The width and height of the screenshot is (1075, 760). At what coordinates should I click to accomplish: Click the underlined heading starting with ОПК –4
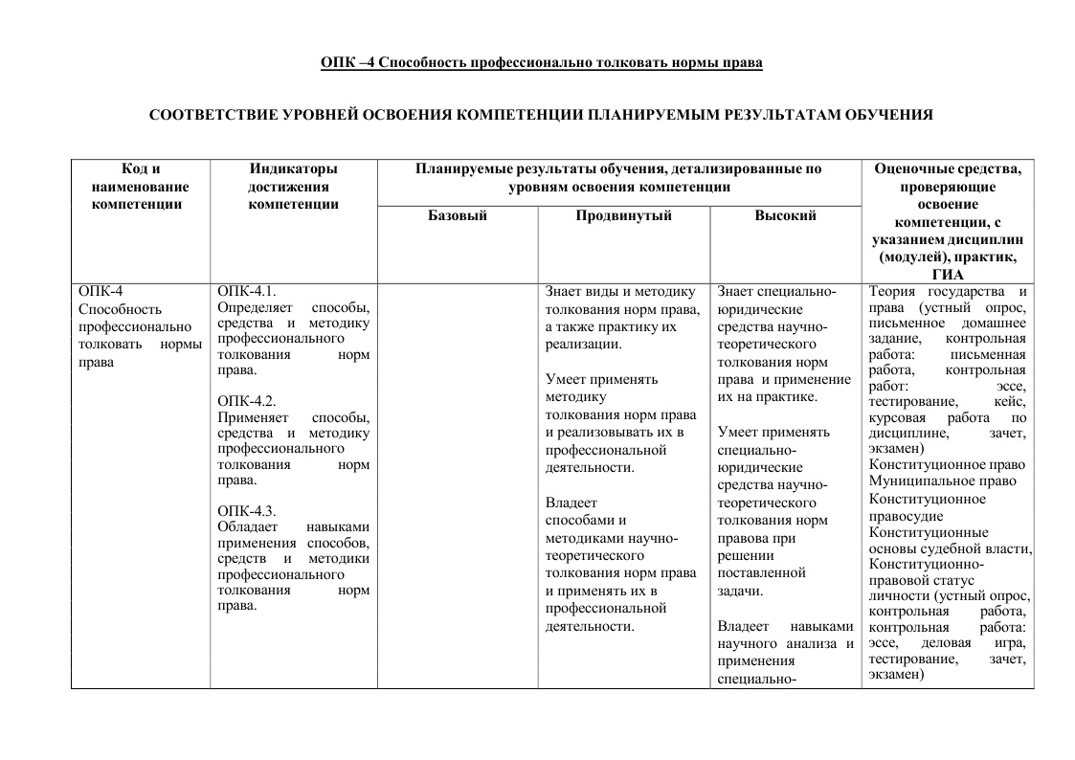[x=541, y=63]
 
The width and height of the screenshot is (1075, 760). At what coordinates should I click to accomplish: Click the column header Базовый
[x=457, y=215]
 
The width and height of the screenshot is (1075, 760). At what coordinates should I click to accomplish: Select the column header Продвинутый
[x=623, y=215]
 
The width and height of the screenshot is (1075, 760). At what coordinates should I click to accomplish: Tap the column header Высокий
[x=785, y=215]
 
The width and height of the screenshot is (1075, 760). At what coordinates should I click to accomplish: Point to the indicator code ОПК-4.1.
[x=247, y=291]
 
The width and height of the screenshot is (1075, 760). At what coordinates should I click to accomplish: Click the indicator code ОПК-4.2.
[x=247, y=401]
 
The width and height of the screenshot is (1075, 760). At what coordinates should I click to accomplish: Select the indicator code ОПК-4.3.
[x=247, y=510]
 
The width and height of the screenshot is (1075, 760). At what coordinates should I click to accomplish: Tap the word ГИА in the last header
[x=947, y=275]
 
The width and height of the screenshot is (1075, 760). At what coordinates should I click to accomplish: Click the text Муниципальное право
[x=942, y=481]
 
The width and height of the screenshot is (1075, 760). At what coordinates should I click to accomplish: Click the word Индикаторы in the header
[x=293, y=169]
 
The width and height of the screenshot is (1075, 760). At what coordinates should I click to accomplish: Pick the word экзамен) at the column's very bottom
[x=896, y=675]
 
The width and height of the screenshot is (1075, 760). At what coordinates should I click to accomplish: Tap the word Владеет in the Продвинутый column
[x=571, y=503]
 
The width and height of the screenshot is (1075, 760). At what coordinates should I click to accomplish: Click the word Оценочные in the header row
[x=912, y=169]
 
